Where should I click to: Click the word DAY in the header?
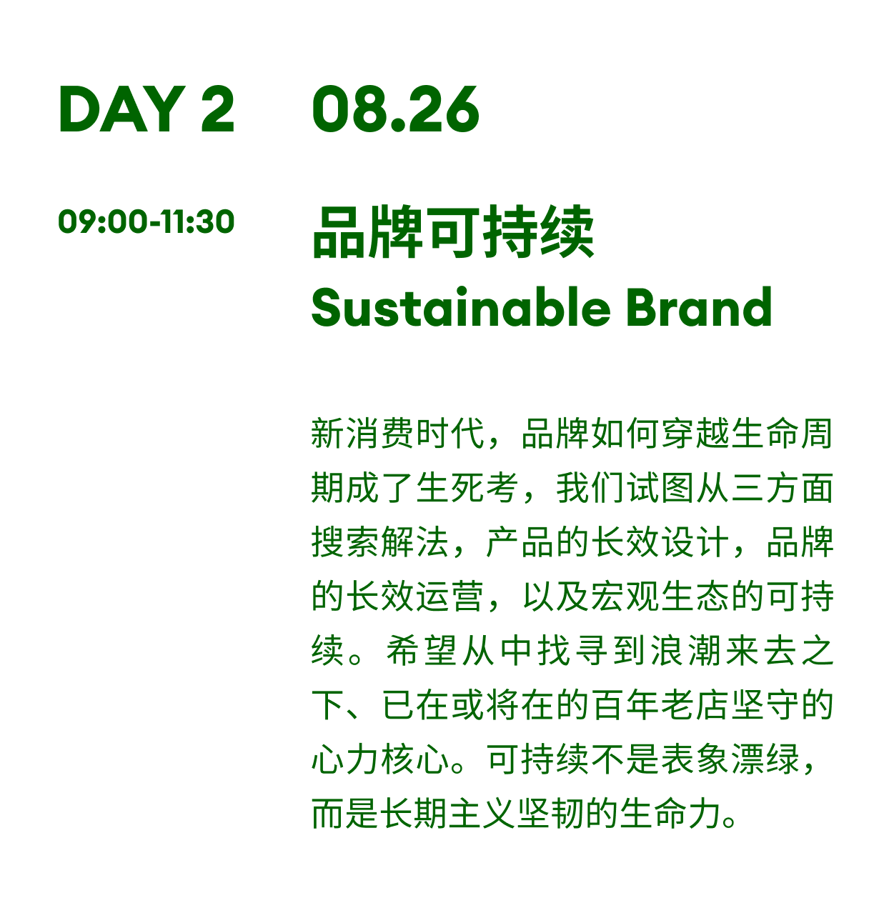[x=122, y=109]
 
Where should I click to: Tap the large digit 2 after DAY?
[x=218, y=109]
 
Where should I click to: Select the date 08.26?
[x=396, y=109]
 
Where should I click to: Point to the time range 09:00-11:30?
[x=146, y=221]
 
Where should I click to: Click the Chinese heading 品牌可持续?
[x=453, y=232]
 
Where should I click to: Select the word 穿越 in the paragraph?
[x=696, y=433]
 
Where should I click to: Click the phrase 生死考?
[x=467, y=488]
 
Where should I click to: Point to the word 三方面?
[x=783, y=488]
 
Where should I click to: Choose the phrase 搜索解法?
[x=380, y=542]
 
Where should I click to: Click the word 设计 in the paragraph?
[x=696, y=542]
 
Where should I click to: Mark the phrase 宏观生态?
[x=661, y=597]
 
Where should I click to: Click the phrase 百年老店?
[x=661, y=705]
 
